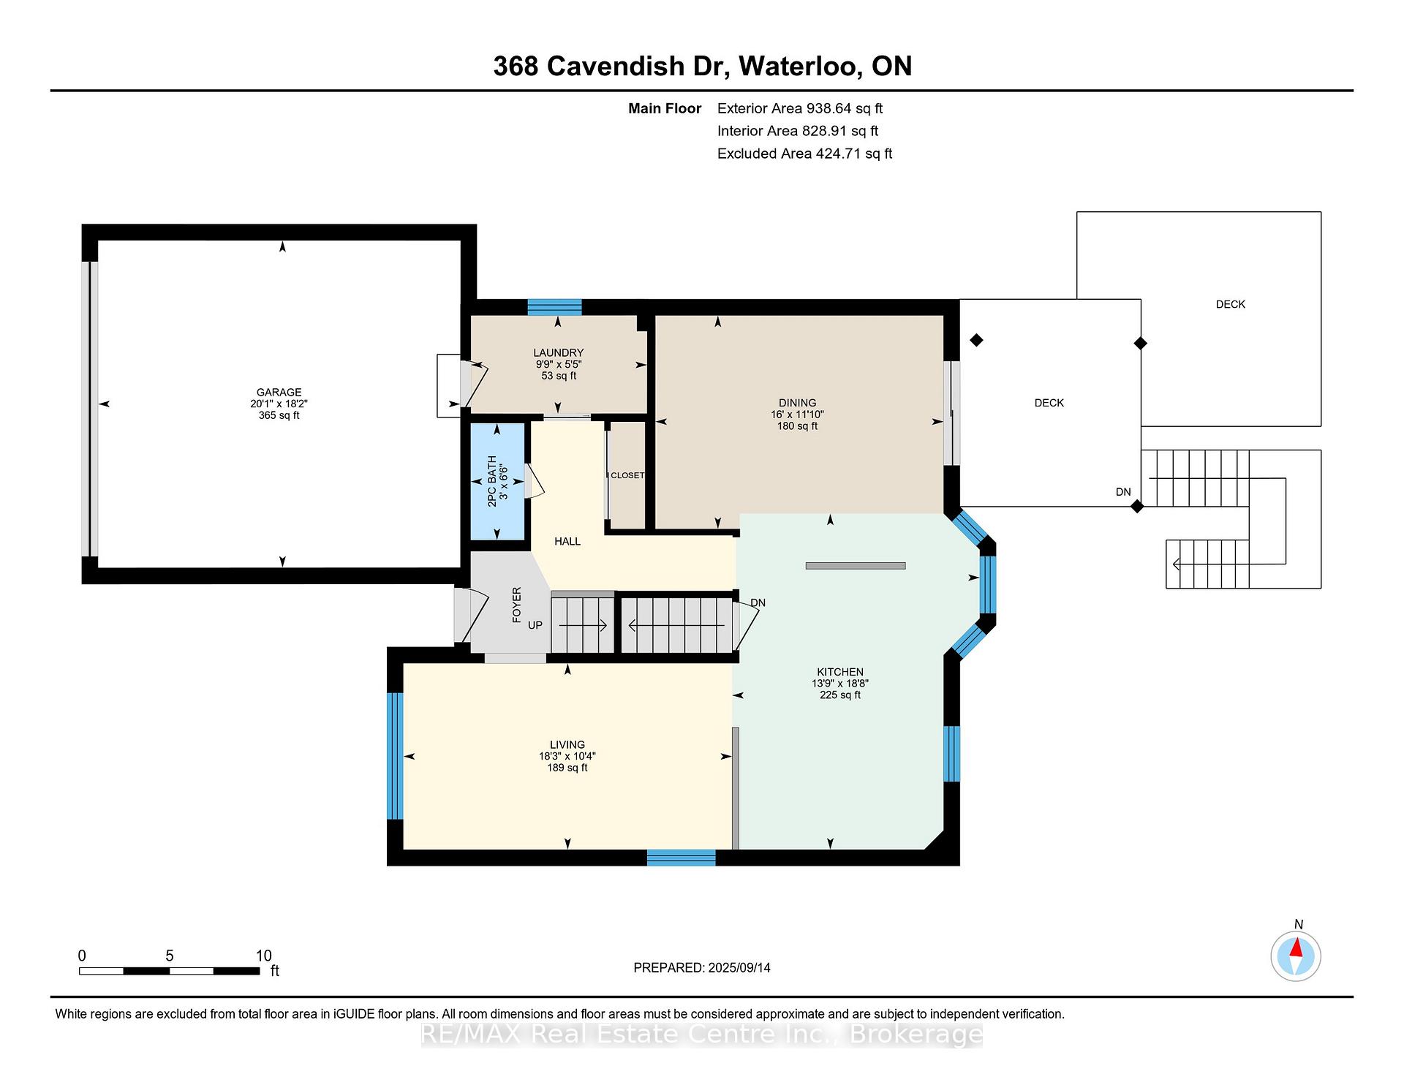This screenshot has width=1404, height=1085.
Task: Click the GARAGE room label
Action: (279, 392)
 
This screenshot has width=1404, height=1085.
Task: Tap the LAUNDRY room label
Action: (558, 352)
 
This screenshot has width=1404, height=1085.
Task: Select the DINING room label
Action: (797, 403)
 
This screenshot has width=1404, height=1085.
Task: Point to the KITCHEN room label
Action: (840, 672)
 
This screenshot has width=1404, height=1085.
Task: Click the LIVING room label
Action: (567, 745)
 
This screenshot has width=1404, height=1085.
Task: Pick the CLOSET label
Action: (627, 475)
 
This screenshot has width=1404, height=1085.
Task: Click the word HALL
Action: (567, 541)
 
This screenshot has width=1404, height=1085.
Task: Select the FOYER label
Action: (516, 605)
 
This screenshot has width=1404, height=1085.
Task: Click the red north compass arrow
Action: (1296, 948)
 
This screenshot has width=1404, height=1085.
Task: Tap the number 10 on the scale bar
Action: (263, 956)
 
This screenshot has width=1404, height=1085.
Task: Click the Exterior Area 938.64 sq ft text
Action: (800, 108)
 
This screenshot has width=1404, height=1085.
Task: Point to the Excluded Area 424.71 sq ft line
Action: (804, 154)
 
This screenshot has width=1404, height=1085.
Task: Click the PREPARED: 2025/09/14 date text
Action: (702, 967)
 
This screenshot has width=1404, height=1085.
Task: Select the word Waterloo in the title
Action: (798, 67)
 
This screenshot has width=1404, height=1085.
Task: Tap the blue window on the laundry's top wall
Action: (554, 307)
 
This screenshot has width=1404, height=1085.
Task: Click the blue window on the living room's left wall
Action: (395, 756)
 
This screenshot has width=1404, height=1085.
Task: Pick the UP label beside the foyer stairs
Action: (535, 625)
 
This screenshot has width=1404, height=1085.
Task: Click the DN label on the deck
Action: (1123, 492)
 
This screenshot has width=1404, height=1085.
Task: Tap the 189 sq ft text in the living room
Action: (567, 768)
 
